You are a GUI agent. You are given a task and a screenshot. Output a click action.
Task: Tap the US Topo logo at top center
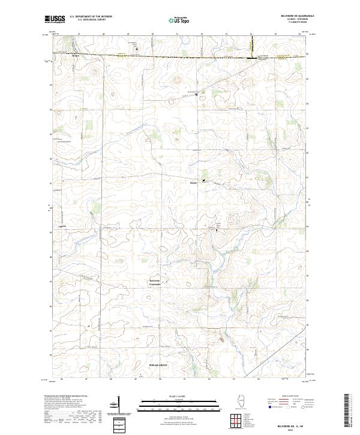[179, 20]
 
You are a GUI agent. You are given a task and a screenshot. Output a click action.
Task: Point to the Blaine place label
[193, 181]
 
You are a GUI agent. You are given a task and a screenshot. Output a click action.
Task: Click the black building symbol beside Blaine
[203, 181]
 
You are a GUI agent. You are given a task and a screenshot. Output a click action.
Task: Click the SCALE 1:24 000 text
[179, 396]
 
